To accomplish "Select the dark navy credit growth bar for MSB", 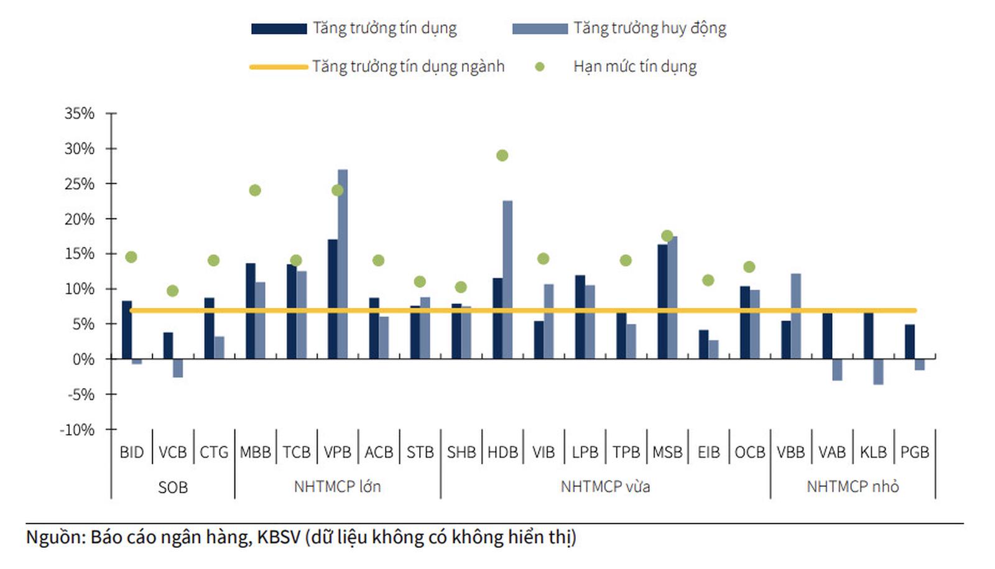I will pyautogui.click(x=662, y=302).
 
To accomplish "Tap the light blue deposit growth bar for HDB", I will pyautogui.click(x=507, y=280).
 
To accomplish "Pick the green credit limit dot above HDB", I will pyautogui.click(x=502, y=155).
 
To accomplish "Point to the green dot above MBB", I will pyautogui.click(x=255, y=190).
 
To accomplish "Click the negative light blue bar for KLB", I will pyautogui.click(x=878, y=371).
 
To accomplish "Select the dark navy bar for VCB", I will pyautogui.click(x=168, y=346).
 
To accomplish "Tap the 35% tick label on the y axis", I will pyautogui.click(x=80, y=114).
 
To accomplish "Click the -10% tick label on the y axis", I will pyautogui.click(x=77, y=430).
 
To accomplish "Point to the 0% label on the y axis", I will pyautogui.click(x=83, y=359).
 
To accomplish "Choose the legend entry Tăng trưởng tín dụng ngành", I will pyautogui.click(x=408, y=67).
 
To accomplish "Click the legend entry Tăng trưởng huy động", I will pyautogui.click(x=649, y=28).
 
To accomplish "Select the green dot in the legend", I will pyautogui.click(x=540, y=67).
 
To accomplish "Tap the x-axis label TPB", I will pyautogui.click(x=626, y=453).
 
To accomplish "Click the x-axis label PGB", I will pyautogui.click(x=914, y=453).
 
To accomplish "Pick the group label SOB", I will pyautogui.click(x=173, y=487).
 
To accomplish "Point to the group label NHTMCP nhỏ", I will pyautogui.click(x=853, y=487).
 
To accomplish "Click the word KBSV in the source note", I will pyautogui.click(x=279, y=537).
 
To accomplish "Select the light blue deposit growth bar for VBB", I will pyautogui.click(x=795, y=316).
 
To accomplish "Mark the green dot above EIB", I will pyautogui.click(x=708, y=280).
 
